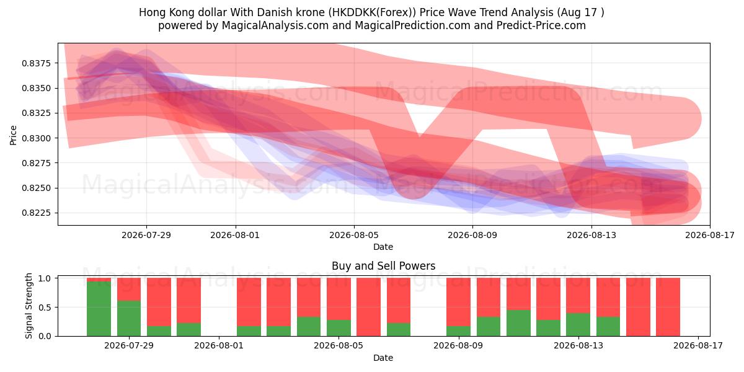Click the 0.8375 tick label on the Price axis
[x=36, y=63]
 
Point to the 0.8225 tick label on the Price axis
[x=36, y=213]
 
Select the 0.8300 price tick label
[x=36, y=138]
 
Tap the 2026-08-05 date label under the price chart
[x=354, y=235]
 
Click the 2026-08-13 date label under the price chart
[x=591, y=235]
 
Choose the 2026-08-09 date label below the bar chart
[x=458, y=345]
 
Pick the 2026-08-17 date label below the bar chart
[x=698, y=345]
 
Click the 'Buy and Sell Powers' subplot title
[x=383, y=266]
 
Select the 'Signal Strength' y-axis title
[x=29, y=306]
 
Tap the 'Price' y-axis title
[x=13, y=135]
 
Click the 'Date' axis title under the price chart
[x=383, y=247]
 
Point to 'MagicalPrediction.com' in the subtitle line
[x=412, y=25]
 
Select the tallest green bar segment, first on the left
[x=99, y=309]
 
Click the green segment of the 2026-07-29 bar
[x=129, y=318]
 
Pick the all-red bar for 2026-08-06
[x=368, y=307]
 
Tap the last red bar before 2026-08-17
[x=668, y=307]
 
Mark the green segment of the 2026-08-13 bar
[x=578, y=324]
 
